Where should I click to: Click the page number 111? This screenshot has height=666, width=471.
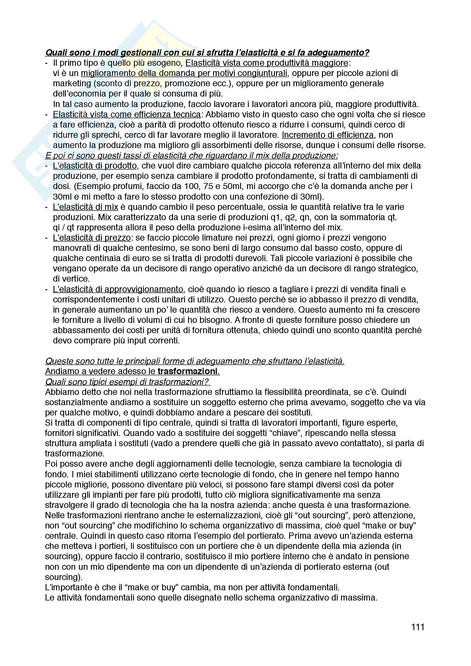pos(418,627)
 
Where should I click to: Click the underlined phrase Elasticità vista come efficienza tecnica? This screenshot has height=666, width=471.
pos(127,114)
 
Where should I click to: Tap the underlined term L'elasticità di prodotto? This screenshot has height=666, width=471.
pos(95,166)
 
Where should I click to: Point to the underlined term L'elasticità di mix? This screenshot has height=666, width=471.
pos(85,207)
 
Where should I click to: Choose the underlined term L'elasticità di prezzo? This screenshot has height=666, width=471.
pos(92,237)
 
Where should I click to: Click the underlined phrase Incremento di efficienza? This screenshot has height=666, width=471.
pos(328,135)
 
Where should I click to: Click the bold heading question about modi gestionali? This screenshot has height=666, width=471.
pos(207,52)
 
